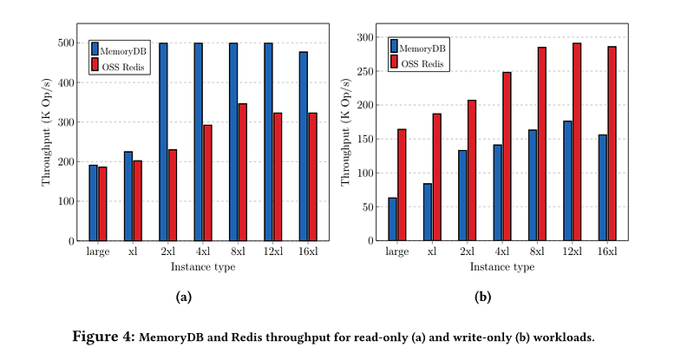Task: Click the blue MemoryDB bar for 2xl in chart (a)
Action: (x=163, y=141)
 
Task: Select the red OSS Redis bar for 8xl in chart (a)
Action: (x=243, y=173)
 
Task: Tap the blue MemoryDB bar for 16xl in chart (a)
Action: (x=304, y=146)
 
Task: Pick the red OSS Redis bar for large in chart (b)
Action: (x=402, y=185)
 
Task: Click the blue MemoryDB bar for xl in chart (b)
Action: (x=428, y=213)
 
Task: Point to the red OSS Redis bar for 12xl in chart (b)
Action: (x=577, y=141)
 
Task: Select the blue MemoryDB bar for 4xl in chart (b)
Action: (x=498, y=193)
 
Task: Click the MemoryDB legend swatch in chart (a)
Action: (x=95, y=49)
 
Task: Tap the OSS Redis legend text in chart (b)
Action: (x=422, y=64)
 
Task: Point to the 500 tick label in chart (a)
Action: (x=66, y=43)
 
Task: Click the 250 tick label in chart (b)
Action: (x=364, y=71)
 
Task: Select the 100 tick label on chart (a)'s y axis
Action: (x=66, y=201)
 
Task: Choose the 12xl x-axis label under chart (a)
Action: (x=273, y=252)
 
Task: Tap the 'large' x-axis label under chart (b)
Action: (x=397, y=252)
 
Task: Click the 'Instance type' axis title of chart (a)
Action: (x=203, y=267)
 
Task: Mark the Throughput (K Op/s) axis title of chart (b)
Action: (x=345, y=132)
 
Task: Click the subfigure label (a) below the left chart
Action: (x=184, y=297)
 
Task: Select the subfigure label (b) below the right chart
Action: (x=483, y=297)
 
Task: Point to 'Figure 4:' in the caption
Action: (x=103, y=337)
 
